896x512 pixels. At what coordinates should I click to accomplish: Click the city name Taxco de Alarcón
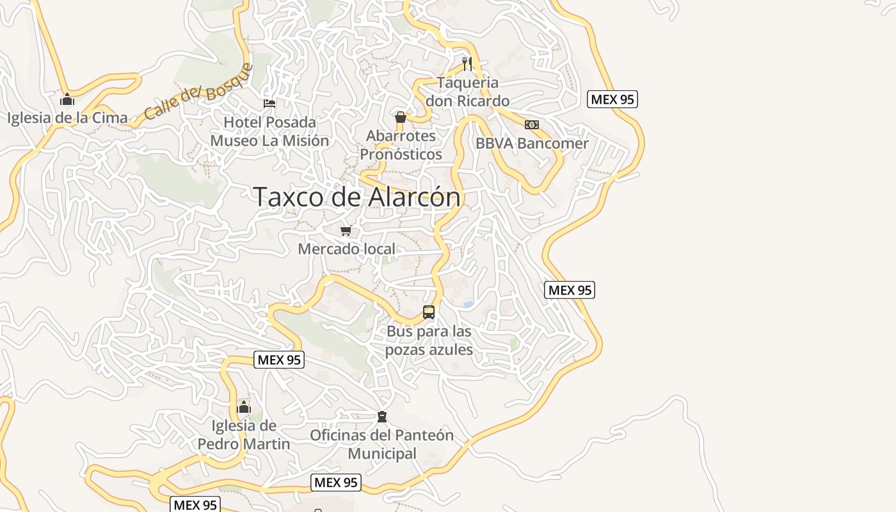click(x=357, y=196)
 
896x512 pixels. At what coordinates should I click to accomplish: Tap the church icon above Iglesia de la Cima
click(x=67, y=99)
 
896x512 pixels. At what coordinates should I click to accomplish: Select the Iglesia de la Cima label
click(x=67, y=118)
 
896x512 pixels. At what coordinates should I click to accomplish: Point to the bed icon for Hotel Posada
click(x=269, y=103)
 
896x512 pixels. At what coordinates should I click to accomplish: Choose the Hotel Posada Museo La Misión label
click(x=269, y=131)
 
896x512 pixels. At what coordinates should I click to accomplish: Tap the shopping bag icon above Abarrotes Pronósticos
click(x=401, y=117)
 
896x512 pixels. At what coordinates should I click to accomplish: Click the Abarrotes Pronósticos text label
click(x=401, y=145)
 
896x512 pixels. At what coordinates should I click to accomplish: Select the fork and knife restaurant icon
click(x=467, y=63)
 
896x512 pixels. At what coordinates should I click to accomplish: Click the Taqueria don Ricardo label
click(x=473, y=92)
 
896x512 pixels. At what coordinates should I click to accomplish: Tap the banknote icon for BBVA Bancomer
click(x=532, y=125)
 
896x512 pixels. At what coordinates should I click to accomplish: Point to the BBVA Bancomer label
click(x=532, y=143)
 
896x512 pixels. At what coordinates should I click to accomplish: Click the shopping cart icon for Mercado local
click(x=346, y=230)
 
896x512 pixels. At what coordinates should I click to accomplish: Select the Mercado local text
click(x=346, y=249)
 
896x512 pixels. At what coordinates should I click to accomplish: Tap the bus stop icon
click(x=429, y=312)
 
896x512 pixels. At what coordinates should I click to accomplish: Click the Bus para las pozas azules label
click(x=429, y=340)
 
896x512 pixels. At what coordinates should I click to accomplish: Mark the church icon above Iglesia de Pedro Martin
click(x=244, y=407)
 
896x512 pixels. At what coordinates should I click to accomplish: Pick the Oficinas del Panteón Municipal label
click(x=382, y=444)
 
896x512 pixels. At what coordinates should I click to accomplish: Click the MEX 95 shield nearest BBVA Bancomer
click(x=612, y=99)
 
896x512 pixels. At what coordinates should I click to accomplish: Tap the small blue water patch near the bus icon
click(x=468, y=303)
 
